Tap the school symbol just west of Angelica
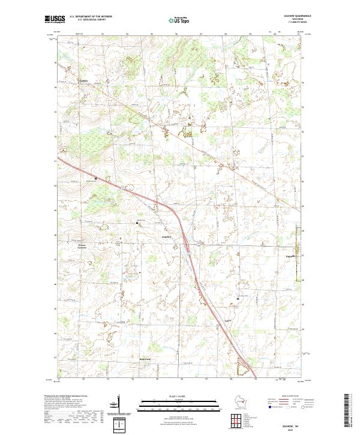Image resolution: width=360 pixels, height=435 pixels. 137,223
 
